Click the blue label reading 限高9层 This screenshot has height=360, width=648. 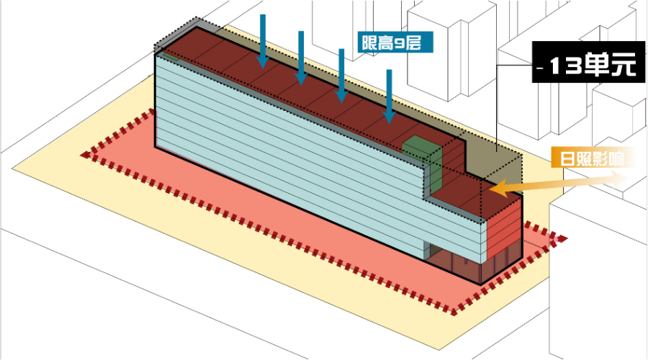(397, 42)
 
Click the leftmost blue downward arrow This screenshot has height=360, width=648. (264, 40)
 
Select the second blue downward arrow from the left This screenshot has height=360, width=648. (301, 57)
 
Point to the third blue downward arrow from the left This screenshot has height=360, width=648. (341, 75)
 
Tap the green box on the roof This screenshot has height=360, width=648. (415, 151)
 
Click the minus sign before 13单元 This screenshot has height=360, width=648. (540, 67)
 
